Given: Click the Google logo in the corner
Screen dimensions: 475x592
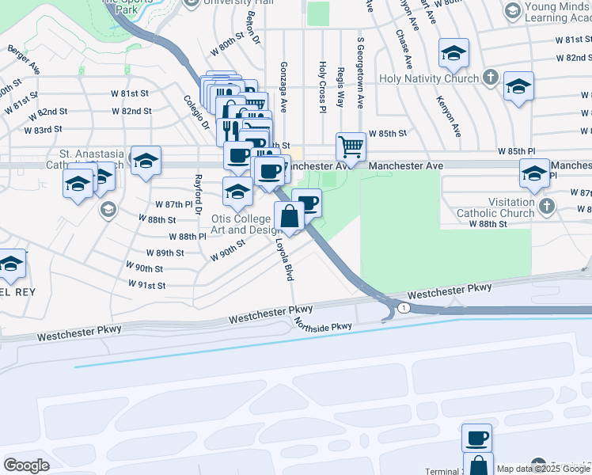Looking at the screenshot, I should click(x=27, y=465).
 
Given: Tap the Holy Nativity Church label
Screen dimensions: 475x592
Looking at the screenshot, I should click(x=429, y=78).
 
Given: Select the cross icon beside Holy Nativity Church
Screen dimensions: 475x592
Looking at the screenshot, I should click(x=491, y=78).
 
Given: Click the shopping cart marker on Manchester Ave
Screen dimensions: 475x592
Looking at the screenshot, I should click(x=351, y=146).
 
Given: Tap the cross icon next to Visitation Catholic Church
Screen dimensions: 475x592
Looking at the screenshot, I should click(x=546, y=207).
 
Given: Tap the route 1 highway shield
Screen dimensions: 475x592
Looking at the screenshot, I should click(x=404, y=307).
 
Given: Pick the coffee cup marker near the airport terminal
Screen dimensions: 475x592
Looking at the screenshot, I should click(x=476, y=438).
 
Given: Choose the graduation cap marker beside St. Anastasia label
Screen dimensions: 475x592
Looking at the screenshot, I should click(x=146, y=161).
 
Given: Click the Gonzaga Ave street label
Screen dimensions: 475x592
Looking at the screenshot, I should click(x=283, y=88).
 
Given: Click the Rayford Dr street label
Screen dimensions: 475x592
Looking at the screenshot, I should click(x=198, y=192).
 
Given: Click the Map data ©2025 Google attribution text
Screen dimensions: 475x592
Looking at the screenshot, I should click(x=543, y=469).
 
